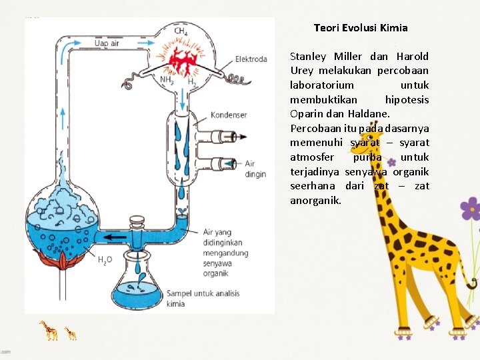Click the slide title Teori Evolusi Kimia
click(x=361, y=28)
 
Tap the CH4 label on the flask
click(x=181, y=31)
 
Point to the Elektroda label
click(x=251, y=59)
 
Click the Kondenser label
click(x=229, y=115)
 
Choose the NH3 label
click(x=166, y=81)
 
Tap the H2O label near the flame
click(x=105, y=261)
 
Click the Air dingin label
click(x=255, y=169)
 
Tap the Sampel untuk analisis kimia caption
click(x=203, y=299)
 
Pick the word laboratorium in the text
click(x=322, y=85)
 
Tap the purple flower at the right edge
click(x=471, y=209)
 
